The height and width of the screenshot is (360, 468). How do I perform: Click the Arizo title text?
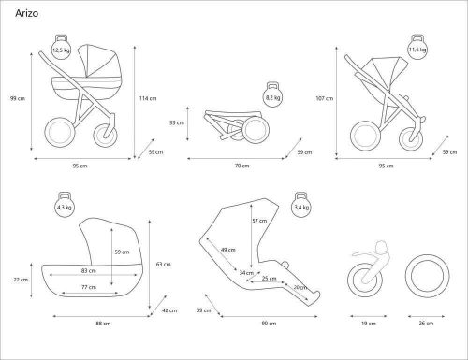27,13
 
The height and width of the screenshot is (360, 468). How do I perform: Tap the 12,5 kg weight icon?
61,48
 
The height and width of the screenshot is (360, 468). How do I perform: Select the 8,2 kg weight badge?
272,95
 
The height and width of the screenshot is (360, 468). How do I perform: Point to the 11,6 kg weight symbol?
417,48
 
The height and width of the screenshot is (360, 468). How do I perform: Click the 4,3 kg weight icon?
65,205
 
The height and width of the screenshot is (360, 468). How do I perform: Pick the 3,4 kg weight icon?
301,205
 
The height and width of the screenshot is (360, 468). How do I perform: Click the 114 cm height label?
148,98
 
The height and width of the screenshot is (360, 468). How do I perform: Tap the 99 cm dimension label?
18,98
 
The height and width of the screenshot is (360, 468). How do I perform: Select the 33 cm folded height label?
177,122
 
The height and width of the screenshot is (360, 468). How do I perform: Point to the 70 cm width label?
241,166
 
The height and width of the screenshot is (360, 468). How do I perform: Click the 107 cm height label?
325,98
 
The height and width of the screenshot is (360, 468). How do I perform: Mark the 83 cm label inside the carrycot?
89,271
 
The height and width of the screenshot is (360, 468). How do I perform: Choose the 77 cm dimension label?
89,287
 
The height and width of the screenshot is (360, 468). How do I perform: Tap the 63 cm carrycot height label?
163,265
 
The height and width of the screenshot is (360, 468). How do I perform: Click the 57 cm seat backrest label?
259,221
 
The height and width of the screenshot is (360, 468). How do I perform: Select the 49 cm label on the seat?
228,250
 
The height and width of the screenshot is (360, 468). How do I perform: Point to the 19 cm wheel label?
369,324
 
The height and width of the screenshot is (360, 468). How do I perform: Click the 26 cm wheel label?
426,324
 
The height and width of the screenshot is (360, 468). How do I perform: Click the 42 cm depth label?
169,310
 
